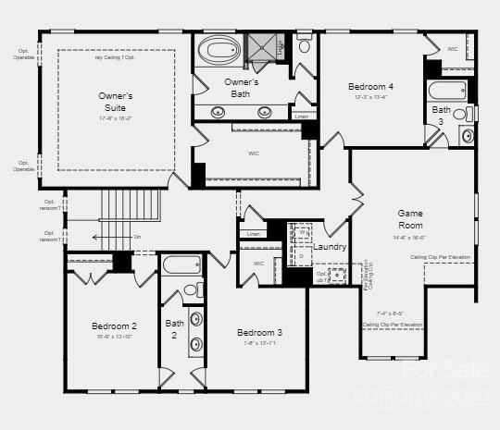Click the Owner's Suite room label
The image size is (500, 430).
point(116,101)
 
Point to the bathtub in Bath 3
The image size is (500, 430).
point(448,91)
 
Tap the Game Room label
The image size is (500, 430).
point(410,219)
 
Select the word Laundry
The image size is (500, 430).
point(330,247)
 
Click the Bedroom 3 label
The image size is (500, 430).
point(259,333)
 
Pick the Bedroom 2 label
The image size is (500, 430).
point(115,326)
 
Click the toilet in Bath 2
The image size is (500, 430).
point(192,289)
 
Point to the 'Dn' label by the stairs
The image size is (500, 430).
point(137,237)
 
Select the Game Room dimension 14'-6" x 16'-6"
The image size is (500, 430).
point(409,237)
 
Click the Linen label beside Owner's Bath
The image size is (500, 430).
point(302,117)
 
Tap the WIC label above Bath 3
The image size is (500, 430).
point(453,49)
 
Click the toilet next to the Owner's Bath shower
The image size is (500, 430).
point(304,44)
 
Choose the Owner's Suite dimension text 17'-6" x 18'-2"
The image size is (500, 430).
point(116,117)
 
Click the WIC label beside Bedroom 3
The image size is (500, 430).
point(258,264)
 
